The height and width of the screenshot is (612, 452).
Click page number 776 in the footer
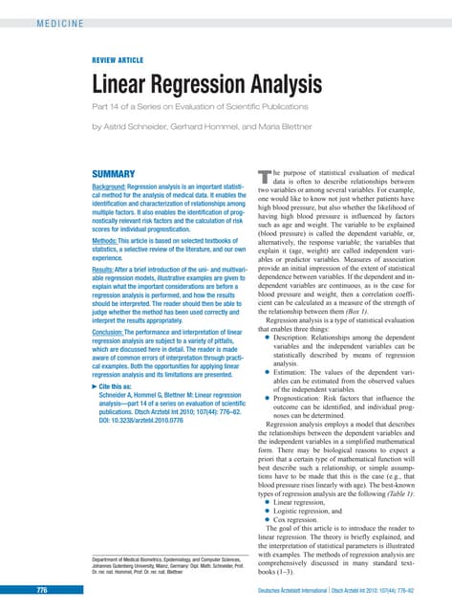point(42,591)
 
